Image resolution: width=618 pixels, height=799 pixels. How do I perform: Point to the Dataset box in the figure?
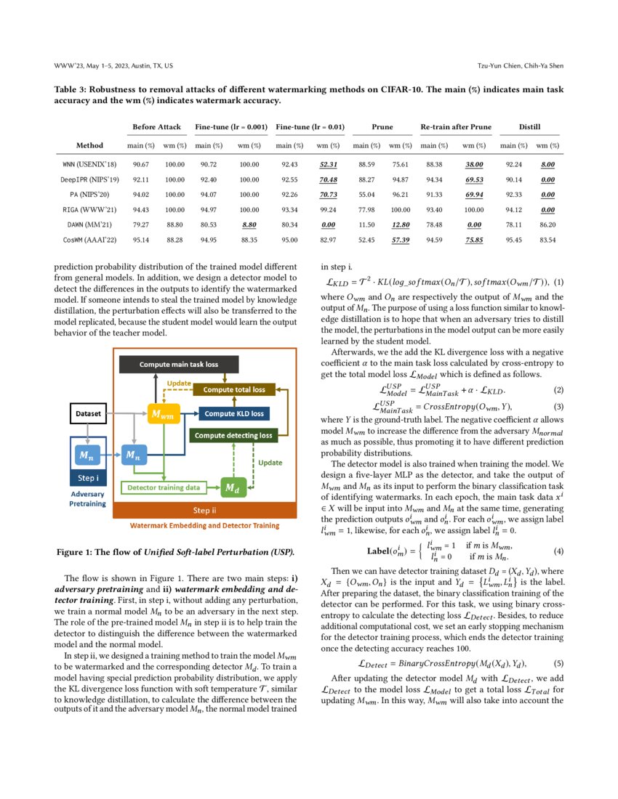(x=88, y=413)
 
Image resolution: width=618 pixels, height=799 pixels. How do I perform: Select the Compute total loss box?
(x=233, y=390)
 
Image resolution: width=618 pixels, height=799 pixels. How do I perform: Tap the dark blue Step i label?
(x=88, y=479)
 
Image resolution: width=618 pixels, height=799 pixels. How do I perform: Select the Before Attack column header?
(x=156, y=127)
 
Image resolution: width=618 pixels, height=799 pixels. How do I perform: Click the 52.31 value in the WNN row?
(x=329, y=165)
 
